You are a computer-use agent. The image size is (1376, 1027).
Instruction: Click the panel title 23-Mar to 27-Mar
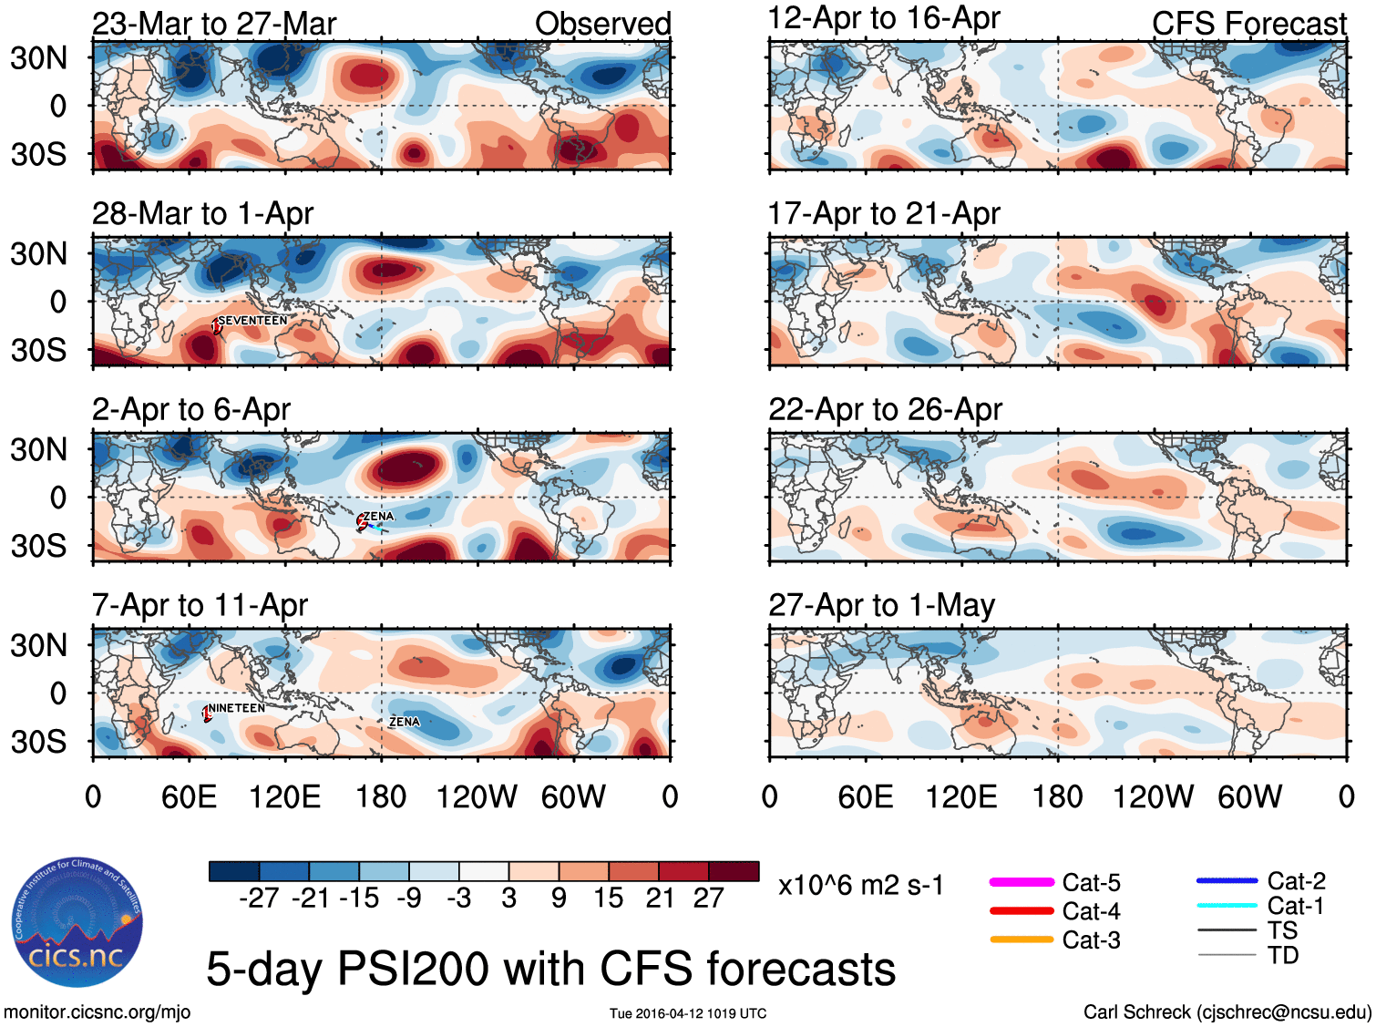(x=214, y=24)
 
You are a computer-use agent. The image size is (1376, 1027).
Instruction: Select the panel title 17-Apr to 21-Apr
(x=884, y=214)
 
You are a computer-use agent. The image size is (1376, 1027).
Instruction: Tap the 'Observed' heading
(x=602, y=24)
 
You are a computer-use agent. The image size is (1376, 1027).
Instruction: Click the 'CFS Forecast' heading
(x=1248, y=24)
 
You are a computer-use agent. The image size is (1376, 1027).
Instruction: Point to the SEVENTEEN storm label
(x=252, y=321)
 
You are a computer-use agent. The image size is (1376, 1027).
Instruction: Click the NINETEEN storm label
(x=236, y=708)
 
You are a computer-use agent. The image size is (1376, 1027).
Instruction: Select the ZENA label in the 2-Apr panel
(x=378, y=517)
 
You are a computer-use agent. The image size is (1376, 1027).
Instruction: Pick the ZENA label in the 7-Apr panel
(x=405, y=722)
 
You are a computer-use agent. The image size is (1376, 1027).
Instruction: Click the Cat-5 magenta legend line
(x=1022, y=882)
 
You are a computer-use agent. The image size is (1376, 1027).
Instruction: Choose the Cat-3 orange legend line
(x=1022, y=940)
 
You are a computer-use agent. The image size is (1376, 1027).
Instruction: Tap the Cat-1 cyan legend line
(x=1227, y=906)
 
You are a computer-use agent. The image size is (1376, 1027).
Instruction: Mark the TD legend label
(x=1282, y=955)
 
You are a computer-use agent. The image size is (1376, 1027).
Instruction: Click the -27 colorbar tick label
(x=259, y=899)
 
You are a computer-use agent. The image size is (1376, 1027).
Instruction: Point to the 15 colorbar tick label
(x=609, y=899)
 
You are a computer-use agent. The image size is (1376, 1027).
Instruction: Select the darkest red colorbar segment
(x=734, y=871)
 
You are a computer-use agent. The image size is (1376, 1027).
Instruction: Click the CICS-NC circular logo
(x=77, y=922)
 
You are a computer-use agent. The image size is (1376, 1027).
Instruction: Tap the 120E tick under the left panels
(x=284, y=797)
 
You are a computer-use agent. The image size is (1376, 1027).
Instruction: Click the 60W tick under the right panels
(x=1249, y=797)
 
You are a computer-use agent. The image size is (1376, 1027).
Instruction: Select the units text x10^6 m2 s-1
(x=860, y=886)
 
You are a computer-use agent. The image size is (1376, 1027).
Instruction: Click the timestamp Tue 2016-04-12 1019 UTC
(x=688, y=1013)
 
